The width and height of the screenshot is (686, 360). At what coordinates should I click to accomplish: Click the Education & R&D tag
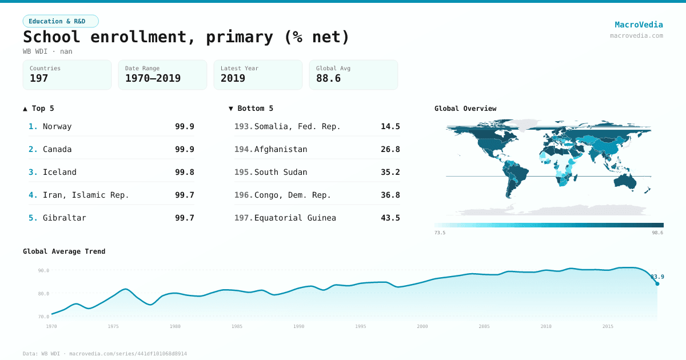point(61,21)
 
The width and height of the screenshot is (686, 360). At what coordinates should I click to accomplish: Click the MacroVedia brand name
point(639,25)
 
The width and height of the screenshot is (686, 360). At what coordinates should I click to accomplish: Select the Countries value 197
point(39,78)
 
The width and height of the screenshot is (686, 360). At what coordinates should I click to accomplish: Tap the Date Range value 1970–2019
point(153,78)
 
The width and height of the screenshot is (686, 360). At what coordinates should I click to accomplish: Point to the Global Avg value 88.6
point(328,78)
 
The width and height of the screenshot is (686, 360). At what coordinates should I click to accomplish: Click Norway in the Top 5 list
point(57,126)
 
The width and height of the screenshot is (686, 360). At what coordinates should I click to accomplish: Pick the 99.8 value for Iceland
point(184,172)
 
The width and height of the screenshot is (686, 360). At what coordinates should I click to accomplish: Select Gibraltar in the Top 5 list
point(64,218)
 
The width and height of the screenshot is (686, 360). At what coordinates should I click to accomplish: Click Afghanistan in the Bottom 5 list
point(281,149)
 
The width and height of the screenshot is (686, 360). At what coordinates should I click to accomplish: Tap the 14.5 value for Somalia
point(390,126)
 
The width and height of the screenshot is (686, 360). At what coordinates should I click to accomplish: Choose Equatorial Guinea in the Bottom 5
point(295,218)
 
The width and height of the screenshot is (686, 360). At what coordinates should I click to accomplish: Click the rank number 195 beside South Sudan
point(243,172)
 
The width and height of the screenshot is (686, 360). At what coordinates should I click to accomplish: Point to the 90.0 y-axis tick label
point(43,270)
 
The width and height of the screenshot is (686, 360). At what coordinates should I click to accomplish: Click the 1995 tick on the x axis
point(361,326)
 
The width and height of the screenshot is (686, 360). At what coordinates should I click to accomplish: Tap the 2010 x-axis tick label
point(546,326)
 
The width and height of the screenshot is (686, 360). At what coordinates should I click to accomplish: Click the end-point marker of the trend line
point(657,283)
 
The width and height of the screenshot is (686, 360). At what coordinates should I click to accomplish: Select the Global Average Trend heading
point(64,251)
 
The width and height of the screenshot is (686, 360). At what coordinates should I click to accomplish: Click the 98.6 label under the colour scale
point(657,233)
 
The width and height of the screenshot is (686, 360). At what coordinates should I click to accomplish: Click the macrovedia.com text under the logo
point(636,35)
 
